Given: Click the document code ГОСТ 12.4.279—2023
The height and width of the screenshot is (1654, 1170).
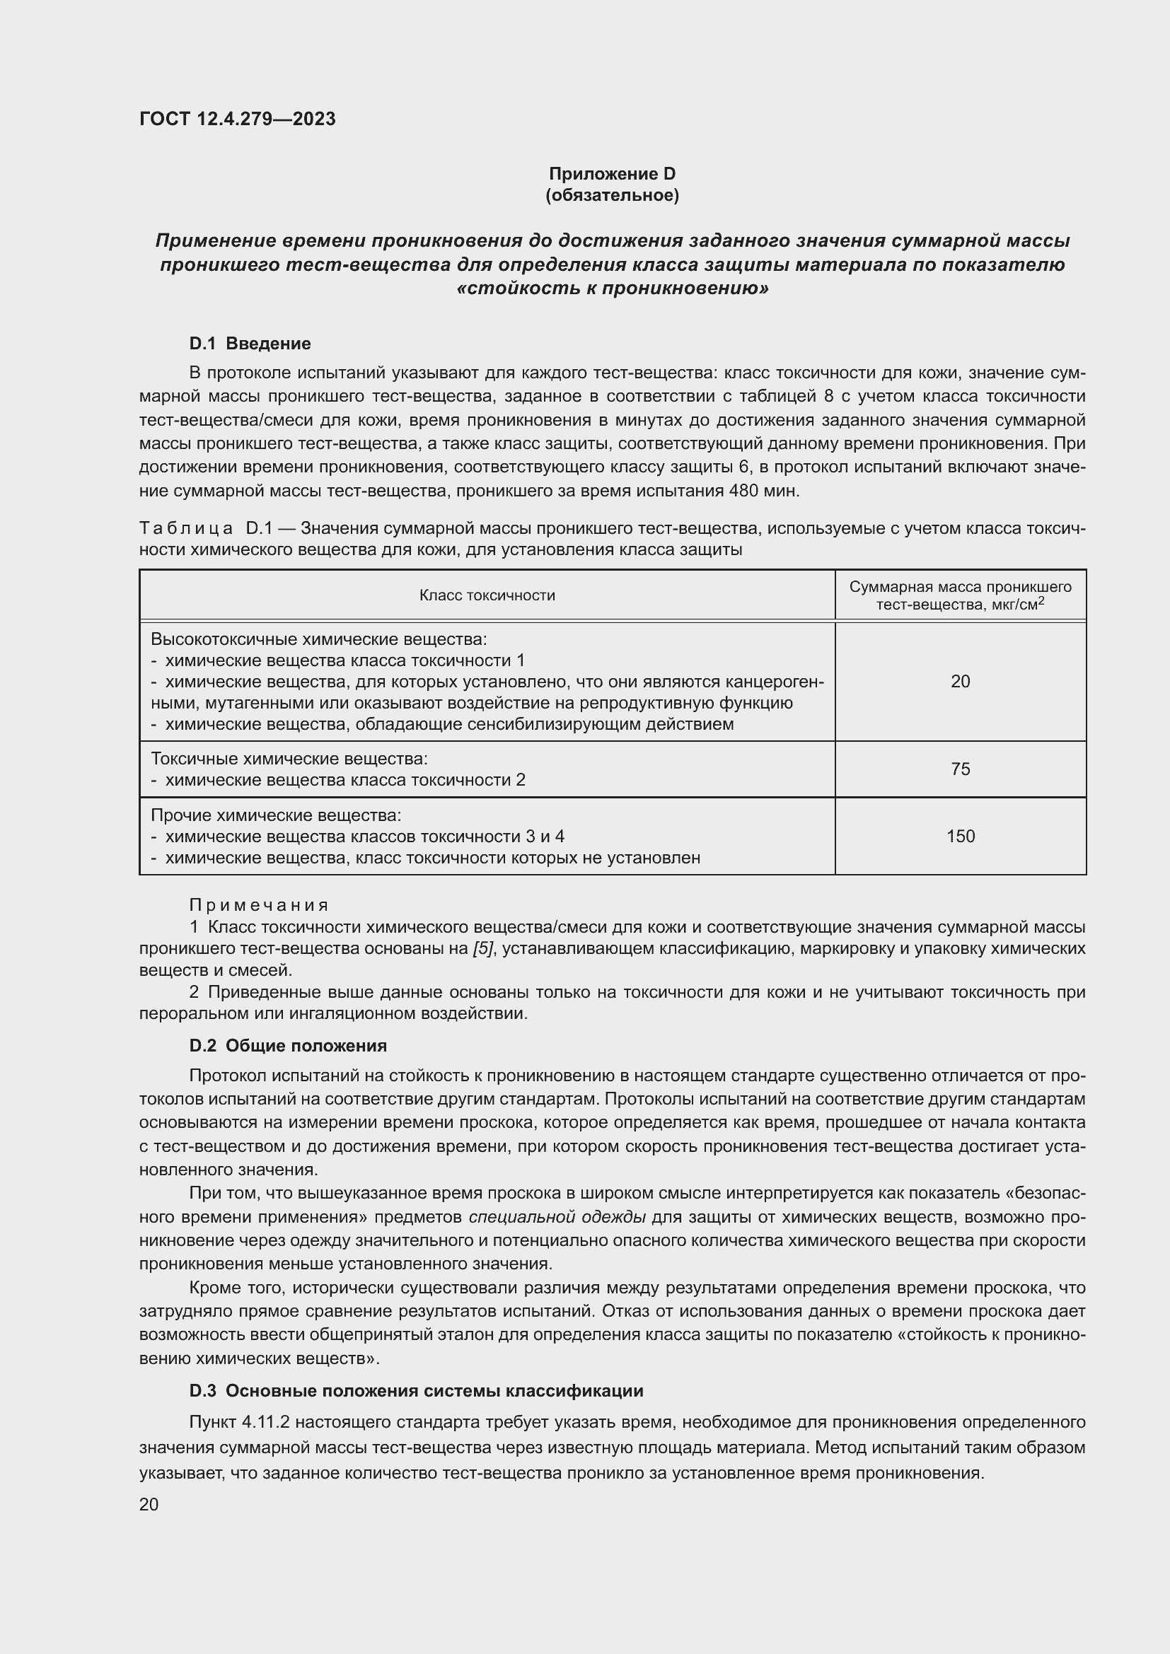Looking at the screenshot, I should (237, 119).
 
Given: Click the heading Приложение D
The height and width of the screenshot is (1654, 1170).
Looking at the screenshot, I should (612, 174).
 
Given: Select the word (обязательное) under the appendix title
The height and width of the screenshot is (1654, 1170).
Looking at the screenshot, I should (612, 195).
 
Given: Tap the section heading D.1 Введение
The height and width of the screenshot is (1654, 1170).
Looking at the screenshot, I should (249, 344).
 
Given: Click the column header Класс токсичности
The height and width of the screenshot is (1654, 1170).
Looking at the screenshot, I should (487, 595).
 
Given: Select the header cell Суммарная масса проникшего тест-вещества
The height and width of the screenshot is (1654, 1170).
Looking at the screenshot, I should (960, 595).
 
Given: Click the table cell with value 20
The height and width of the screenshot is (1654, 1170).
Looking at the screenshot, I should (960, 682).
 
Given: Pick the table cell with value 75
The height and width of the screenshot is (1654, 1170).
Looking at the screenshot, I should (960, 769).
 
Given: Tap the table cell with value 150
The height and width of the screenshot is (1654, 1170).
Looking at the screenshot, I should (960, 837).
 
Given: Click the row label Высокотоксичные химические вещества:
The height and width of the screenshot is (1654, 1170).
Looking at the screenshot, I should (319, 640).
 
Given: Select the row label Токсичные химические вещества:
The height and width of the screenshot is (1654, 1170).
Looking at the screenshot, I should (289, 759).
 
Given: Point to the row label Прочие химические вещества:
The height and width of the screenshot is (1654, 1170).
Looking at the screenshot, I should (276, 815).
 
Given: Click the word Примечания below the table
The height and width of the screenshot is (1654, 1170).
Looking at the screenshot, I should (259, 905).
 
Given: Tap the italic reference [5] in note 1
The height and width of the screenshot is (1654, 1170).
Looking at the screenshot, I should (482, 949).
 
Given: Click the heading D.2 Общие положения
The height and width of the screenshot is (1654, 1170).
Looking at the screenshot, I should (287, 1046).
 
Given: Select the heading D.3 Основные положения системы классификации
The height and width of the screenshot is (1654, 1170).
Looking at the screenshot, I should (416, 1391).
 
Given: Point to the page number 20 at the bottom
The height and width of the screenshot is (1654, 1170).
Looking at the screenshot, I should (149, 1505).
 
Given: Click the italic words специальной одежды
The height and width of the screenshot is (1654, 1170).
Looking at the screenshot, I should (557, 1218).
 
